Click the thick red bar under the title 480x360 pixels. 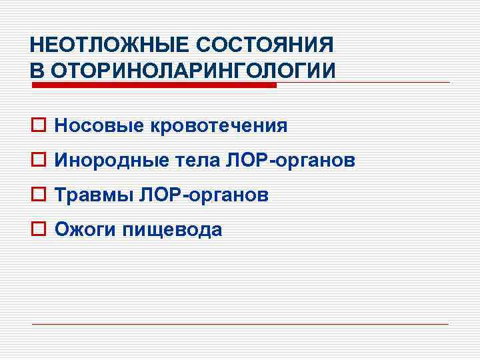[x=153, y=85]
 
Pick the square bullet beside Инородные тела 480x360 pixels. [x=37, y=161]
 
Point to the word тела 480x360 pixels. [x=191, y=161]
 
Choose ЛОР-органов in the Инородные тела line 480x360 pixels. [x=290, y=161]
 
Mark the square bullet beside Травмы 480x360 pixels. [x=37, y=195]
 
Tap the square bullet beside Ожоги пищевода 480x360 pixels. [x=37, y=230]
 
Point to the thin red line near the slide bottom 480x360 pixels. [x=240, y=324]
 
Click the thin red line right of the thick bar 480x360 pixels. [x=363, y=83]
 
